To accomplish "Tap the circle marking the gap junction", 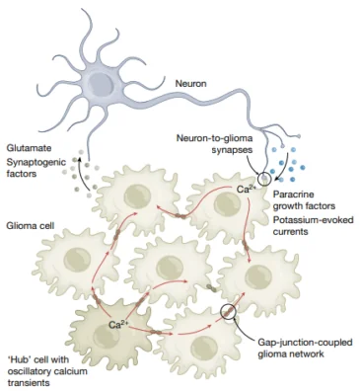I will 230,314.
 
